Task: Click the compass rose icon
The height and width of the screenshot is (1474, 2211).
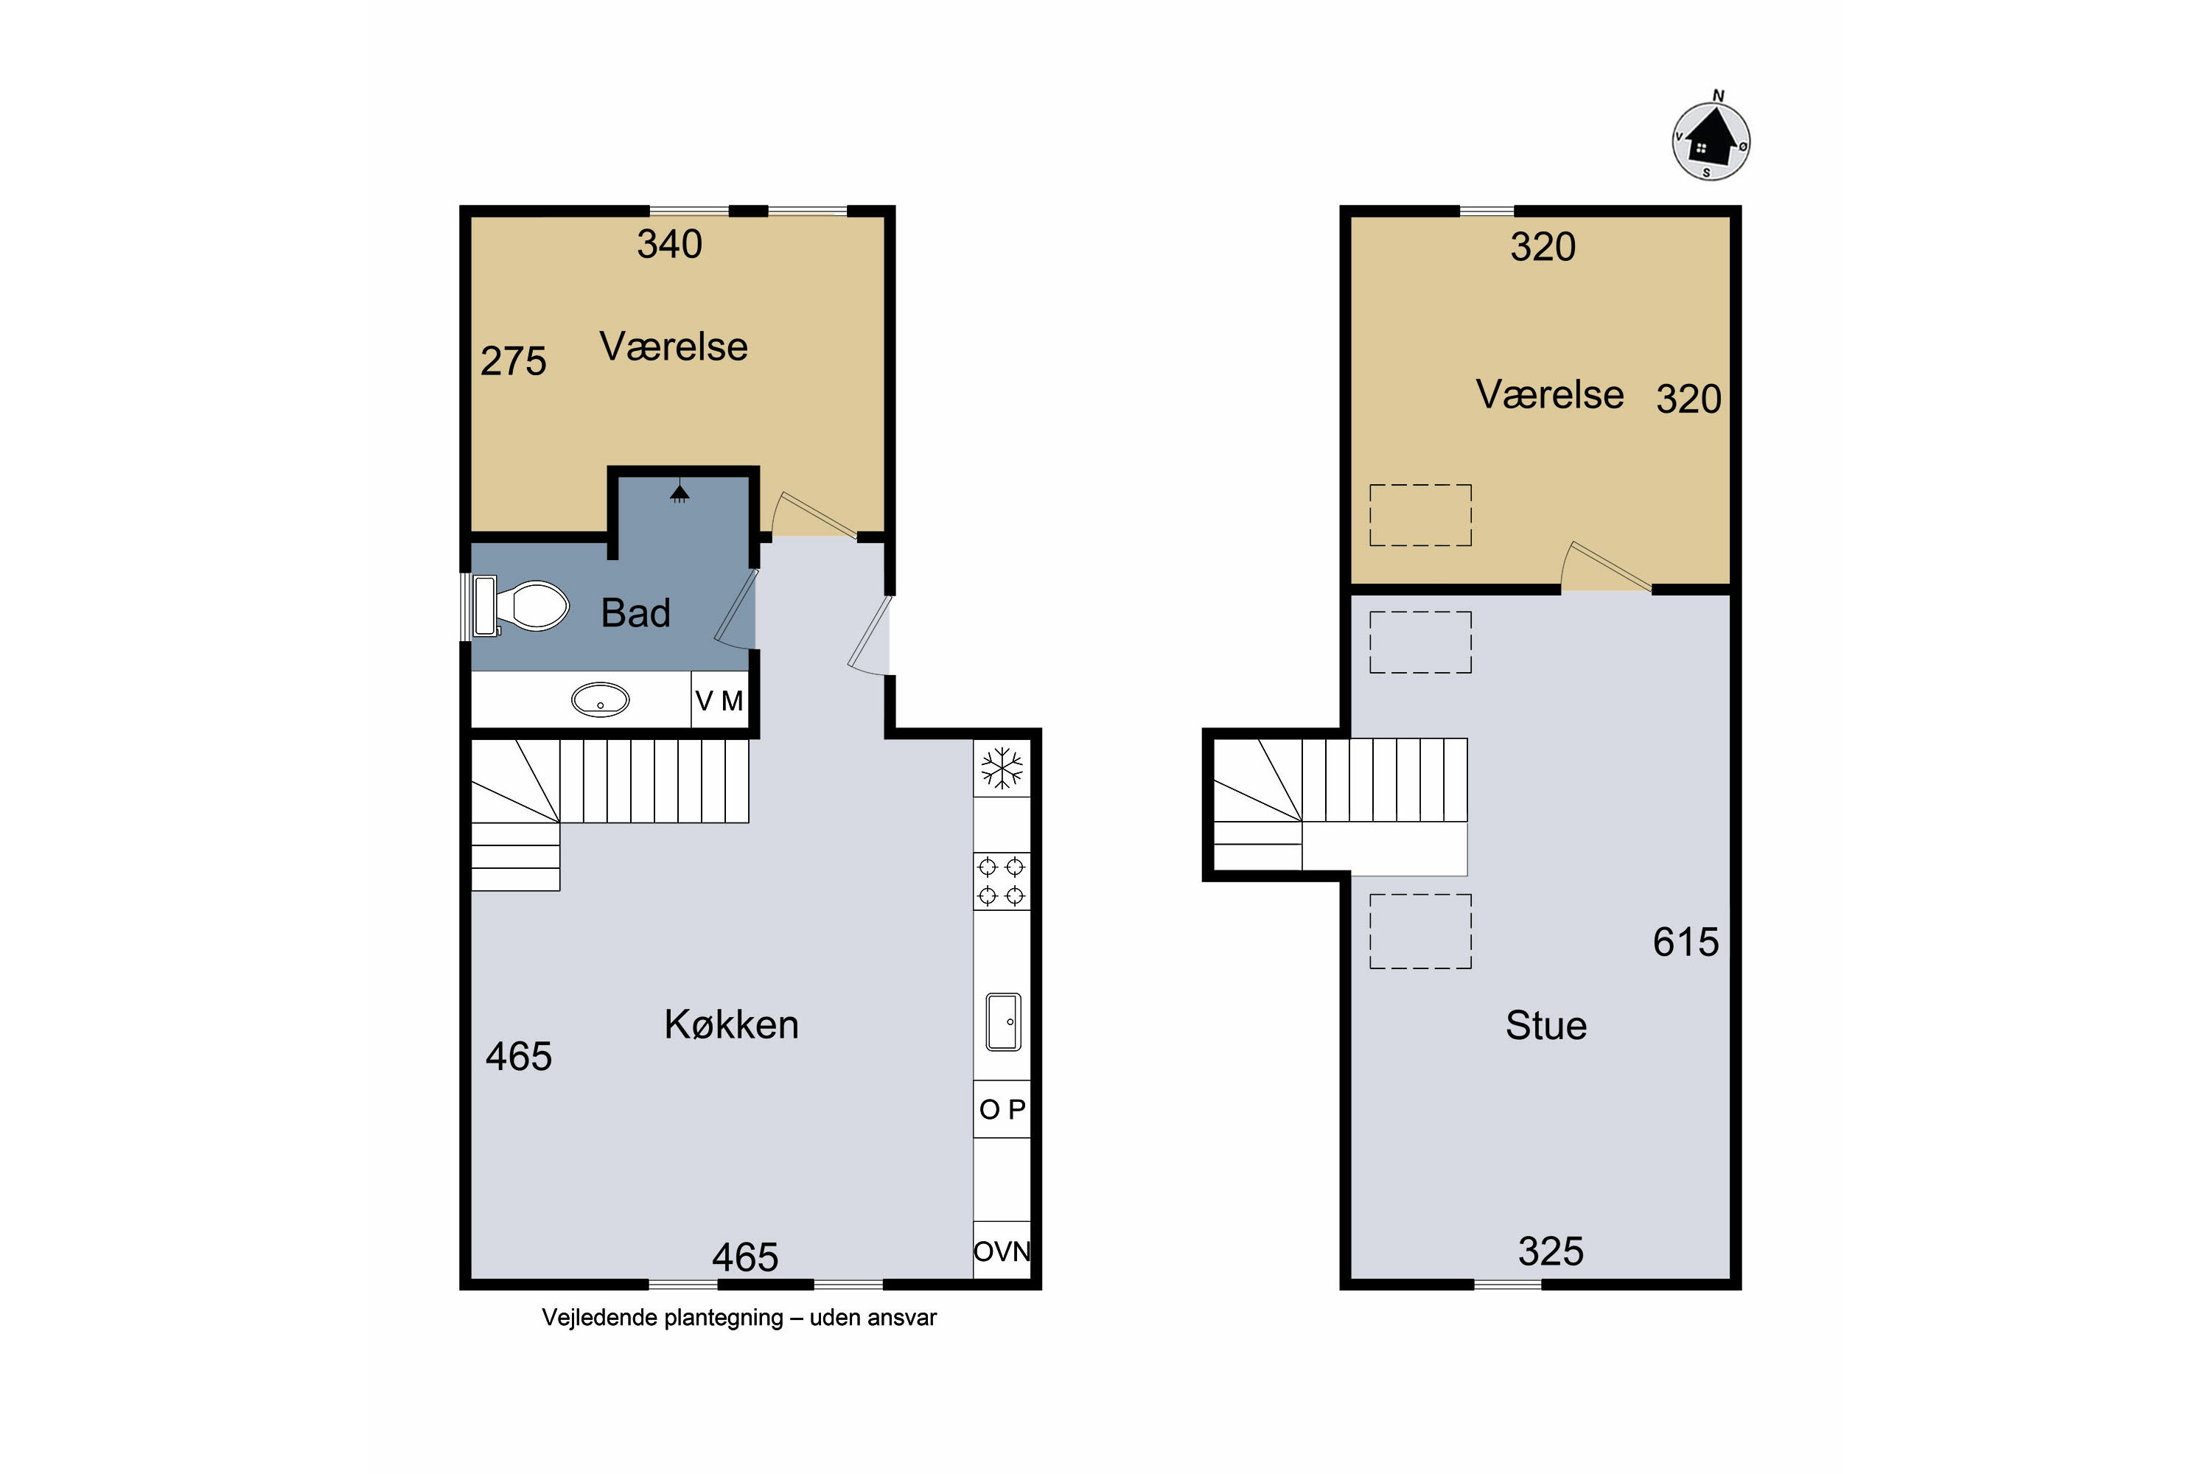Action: pyautogui.click(x=1711, y=141)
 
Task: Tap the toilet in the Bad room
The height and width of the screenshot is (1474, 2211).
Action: pyautogui.click(x=522, y=605)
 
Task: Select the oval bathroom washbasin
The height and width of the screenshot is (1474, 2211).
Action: pyautogui.click(x=600, y=699)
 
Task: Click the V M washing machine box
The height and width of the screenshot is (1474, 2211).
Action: pyautogui.click(x=719, y=699)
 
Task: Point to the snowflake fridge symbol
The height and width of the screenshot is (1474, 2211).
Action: pyautogui.click(x=1002, y=768)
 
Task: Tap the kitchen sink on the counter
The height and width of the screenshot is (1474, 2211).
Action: pyautogui.click(x=1003, y=1021)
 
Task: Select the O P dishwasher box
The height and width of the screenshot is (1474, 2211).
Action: pyautogui.click(x=1002, y=1109)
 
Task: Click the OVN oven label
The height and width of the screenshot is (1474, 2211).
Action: pyautogui.click(x=1002, y=1251)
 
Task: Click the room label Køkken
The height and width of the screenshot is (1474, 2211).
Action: pyautogui.click(x=731, y=1024)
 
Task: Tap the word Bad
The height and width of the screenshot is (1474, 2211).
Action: pyautogui.click(x=635, y=613)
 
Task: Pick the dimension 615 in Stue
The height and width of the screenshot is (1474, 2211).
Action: pyautogui.click(x=1686, y=942)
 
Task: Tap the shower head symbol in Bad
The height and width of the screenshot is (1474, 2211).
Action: pyautogui.click(x=680, y=492)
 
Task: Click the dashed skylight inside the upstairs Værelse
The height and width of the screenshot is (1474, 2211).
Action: pyautogui.click(x=1420, y=515)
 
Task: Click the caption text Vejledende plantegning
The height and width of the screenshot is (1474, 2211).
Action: pyautogui.click(x=662, y=1317)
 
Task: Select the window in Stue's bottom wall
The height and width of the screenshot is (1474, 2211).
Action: pyautogui.click(x=1508, y=1284)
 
